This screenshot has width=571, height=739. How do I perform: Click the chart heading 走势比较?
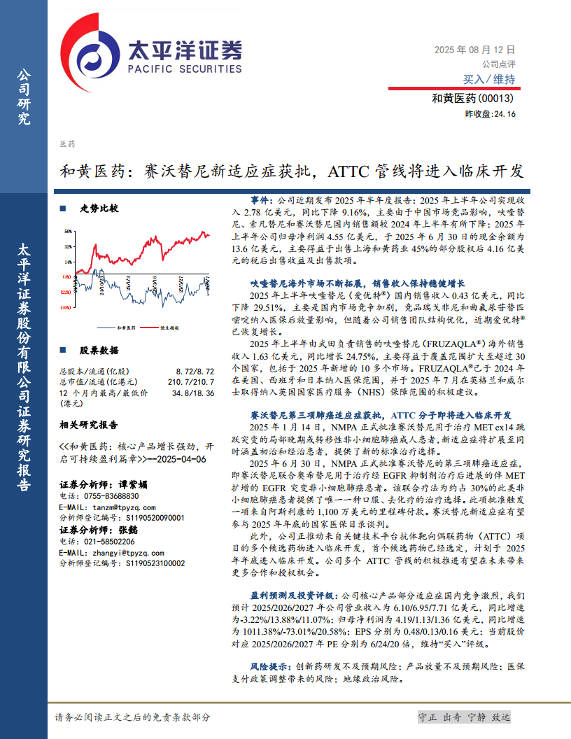click(x=99, y=209)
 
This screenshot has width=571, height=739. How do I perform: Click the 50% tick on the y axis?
click(x=69, y=230)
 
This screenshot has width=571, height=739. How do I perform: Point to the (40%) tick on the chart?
click(x=66, y=307)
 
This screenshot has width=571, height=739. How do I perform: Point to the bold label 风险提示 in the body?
click(x=267, y=667)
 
